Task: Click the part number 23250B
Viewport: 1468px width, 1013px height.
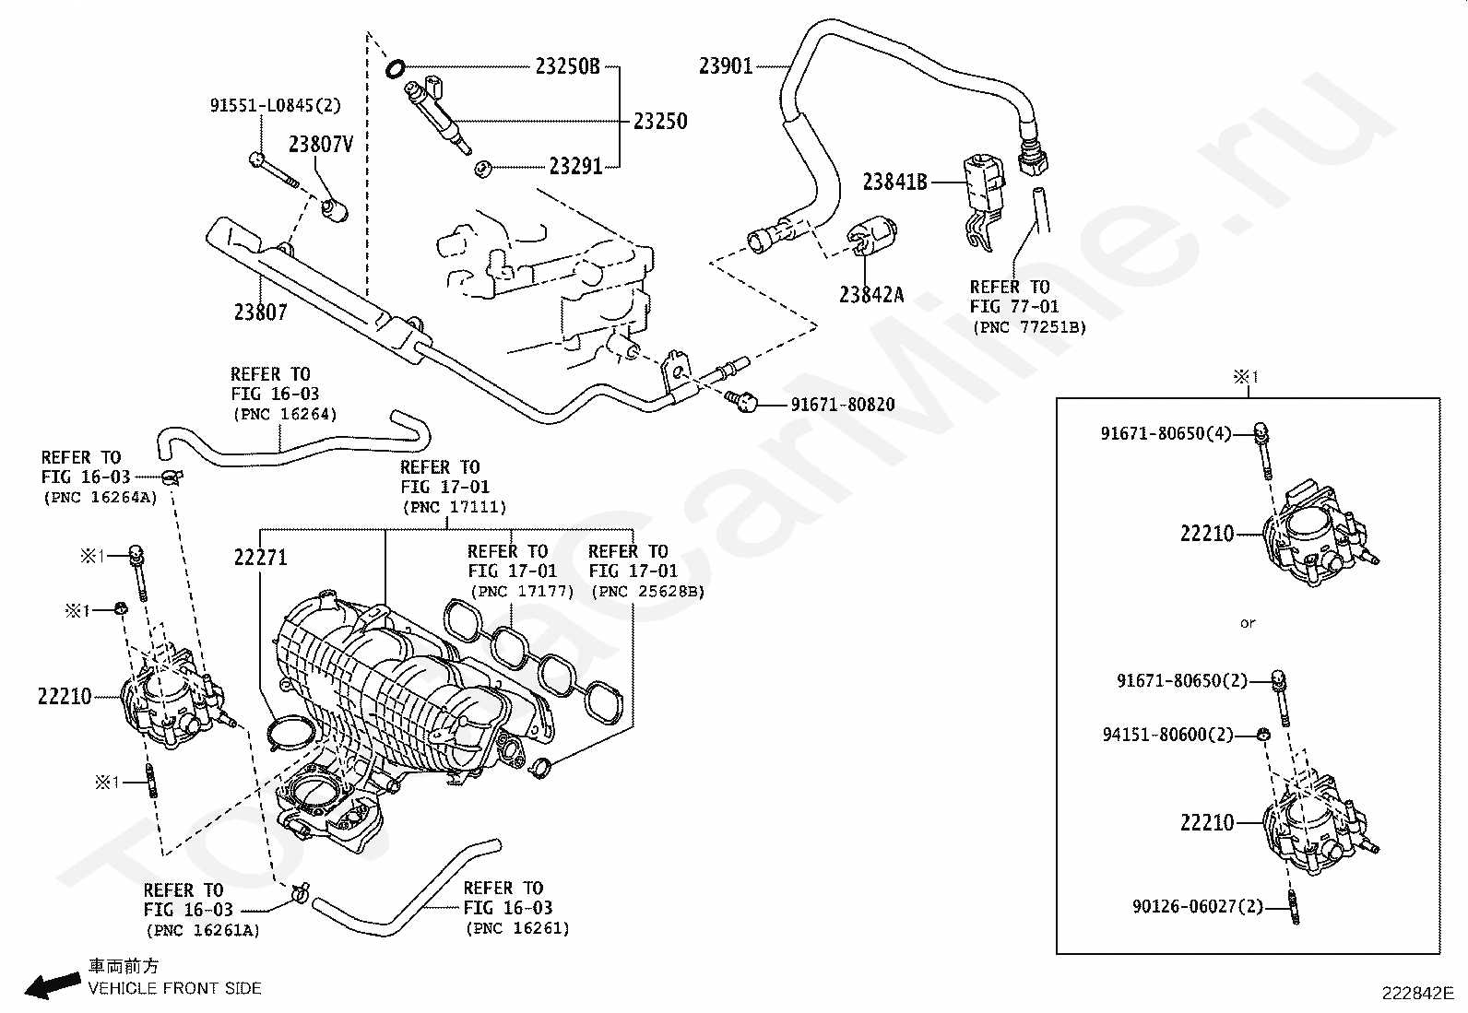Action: click(x=567, y=66)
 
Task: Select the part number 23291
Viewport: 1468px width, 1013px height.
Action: click(x=575, y=167)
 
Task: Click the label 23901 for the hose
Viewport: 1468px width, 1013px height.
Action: click(x=726, y=66)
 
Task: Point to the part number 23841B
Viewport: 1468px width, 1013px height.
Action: click(x=894, y=182)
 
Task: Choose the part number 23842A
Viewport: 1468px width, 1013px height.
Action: click(x=871, y=295)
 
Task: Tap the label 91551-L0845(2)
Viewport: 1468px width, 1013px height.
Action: click(x=275, y=105)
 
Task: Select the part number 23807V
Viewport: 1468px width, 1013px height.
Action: click(x=321, y=144)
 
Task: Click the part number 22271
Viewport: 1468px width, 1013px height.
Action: click(x=261, y=558)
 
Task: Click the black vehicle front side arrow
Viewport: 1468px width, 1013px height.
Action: click(x=53, y=984)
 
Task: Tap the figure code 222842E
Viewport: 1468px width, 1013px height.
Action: click(x=1418, y=994)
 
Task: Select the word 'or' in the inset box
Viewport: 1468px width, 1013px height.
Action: click(x=1248, y=623)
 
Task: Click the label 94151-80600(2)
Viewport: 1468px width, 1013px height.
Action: click(x=1167, y=735)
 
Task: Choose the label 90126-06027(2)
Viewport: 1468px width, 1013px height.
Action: click(x=1198, y=906)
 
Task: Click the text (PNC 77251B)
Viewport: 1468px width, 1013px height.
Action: click(x=1030, y=327)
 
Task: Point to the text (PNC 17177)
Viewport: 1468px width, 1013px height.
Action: click(x=522, y=592)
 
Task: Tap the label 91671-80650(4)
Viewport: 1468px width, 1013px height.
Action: click(x=1166, y=433)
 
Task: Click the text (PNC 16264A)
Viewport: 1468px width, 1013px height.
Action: click(x=101, y=498)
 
